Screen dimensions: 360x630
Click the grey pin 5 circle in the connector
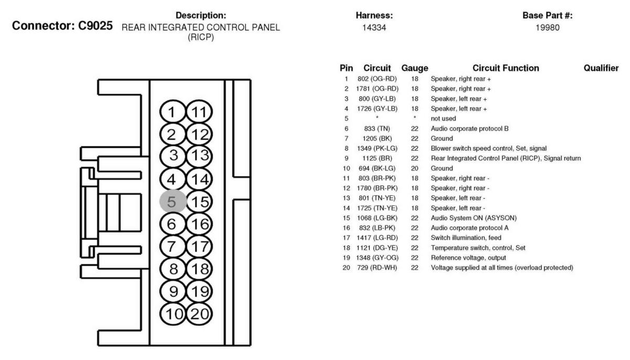[173, 202]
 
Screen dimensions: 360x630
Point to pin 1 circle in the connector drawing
[173, 112]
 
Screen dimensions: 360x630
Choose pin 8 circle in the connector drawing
[173, 268]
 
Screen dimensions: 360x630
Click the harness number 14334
[374, 27]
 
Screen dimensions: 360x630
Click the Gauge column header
[415, 68]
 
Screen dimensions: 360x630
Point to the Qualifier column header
[601, 68]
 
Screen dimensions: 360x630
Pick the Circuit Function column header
[506, 68]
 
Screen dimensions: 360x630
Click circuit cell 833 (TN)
[377, 129]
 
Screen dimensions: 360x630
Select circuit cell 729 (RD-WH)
[377, 268]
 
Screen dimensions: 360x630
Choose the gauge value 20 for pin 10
[415, 168]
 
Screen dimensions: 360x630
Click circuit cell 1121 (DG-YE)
[377, 248]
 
